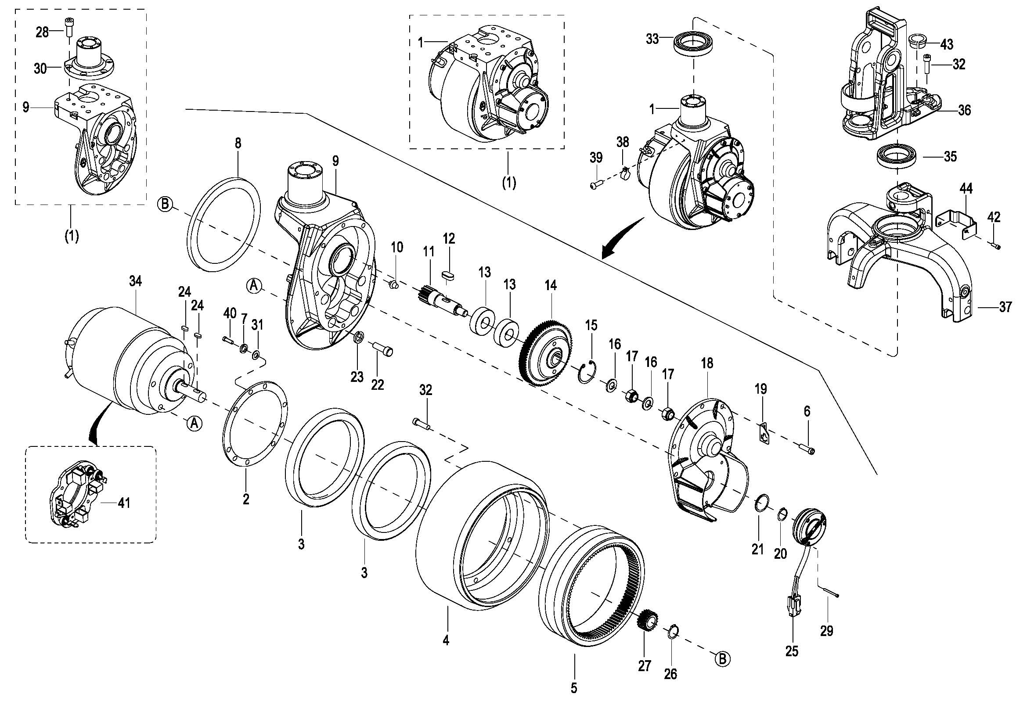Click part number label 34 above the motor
tap(136, 281)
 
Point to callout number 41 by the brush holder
tap(123, 503)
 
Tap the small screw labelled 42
tap(997, 245)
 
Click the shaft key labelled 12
tap(448, 274)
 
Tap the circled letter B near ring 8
tap(165, 205)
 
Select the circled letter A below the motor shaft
tap(195, 423)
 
